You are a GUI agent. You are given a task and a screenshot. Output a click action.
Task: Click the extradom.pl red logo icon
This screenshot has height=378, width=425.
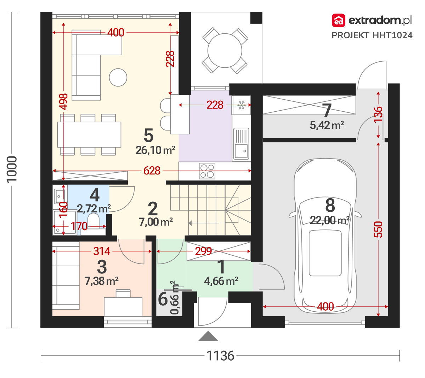click(x=338, y=20)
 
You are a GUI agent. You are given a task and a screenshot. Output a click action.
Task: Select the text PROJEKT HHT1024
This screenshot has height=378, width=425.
click(x=372, y=35)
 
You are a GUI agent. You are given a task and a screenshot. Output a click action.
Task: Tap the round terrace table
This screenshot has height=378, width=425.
click(x=225, y=51)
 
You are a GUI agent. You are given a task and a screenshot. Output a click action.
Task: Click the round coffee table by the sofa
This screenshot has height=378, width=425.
click(x=118, y=77)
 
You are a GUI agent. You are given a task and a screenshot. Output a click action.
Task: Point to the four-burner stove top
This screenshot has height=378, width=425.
click(x=207, y=171)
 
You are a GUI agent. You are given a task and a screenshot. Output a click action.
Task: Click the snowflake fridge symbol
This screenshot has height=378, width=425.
click(x=242, y=105)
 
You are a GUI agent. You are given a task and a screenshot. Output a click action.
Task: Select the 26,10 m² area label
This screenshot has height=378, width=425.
click(x=155, y=150)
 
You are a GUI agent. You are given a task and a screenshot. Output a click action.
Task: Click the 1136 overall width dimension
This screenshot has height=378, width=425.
click(x=220, y=356)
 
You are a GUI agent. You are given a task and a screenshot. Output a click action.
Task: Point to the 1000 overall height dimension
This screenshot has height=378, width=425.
click(x=12, y=169)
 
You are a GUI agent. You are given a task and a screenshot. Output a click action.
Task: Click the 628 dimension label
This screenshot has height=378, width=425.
click(x=152, y=171)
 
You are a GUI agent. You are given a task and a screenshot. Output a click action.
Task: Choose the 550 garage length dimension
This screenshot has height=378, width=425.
click(x=378, y=229)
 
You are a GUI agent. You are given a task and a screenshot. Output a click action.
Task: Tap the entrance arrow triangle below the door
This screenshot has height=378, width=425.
click(x=208, y=336)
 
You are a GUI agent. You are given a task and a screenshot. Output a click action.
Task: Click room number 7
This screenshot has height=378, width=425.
click(x=327, y=111)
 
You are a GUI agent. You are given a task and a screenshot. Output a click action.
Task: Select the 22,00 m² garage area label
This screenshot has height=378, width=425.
click(x=330, y=220)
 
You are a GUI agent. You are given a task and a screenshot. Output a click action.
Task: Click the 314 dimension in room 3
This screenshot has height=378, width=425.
click(x=102, y=251)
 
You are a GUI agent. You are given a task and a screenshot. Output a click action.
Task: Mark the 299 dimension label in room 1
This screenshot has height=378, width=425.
click(x=203, y=251)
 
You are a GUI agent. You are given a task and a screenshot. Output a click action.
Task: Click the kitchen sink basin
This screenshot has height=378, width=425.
click(x=241, y=151)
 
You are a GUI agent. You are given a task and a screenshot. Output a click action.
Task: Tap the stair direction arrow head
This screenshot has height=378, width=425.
click(x=190, y=223)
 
